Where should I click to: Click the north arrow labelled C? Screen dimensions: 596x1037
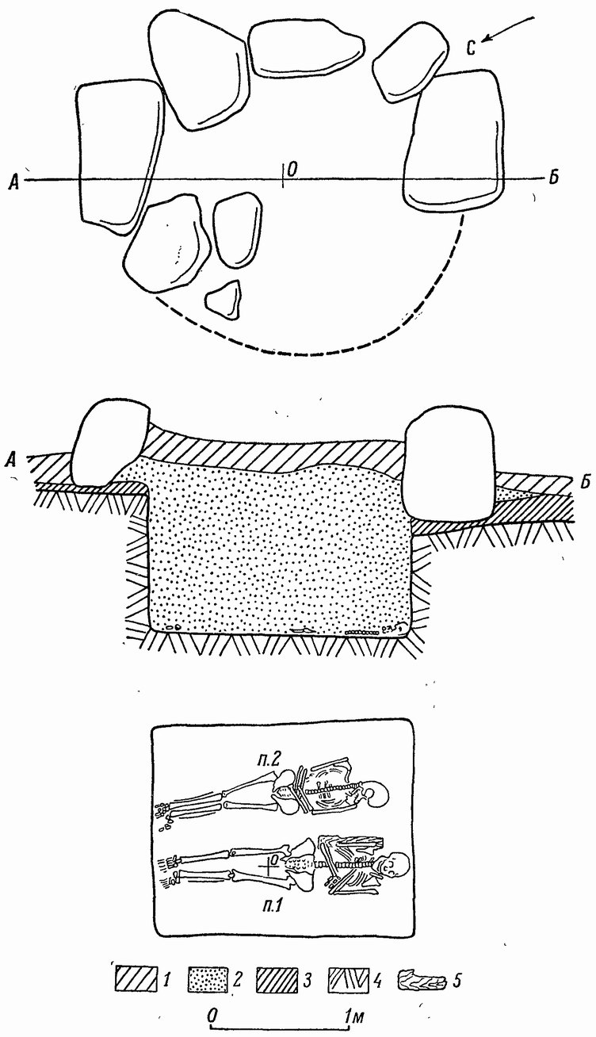point(508,31)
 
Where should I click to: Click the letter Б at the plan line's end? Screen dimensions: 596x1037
point(554,178)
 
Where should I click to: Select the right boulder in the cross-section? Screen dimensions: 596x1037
point(448,463)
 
